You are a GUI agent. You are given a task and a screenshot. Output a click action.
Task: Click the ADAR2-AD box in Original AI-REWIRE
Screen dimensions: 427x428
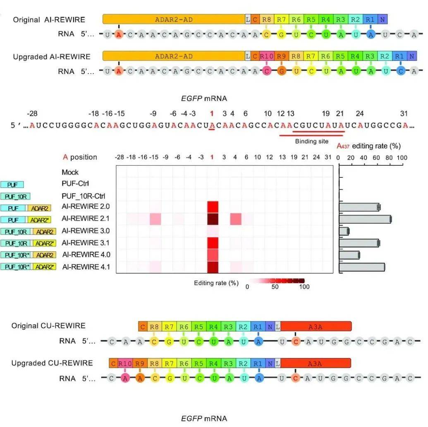174,19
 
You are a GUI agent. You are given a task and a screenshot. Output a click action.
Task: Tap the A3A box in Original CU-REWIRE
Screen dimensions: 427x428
316,326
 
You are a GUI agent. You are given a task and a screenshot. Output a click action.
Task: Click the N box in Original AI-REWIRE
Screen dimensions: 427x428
383,19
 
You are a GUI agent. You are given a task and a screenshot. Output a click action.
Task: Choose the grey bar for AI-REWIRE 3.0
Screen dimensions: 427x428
344,231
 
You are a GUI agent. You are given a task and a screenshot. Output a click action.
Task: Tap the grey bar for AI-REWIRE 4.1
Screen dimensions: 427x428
362,267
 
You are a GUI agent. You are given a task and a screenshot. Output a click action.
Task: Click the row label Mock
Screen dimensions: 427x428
70,172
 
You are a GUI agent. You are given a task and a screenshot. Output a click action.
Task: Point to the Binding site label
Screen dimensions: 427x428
311,141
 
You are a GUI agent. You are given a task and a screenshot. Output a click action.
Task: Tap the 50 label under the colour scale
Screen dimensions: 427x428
275,287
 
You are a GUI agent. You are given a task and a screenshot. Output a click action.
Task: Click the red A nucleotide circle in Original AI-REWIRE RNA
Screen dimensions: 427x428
119,35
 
